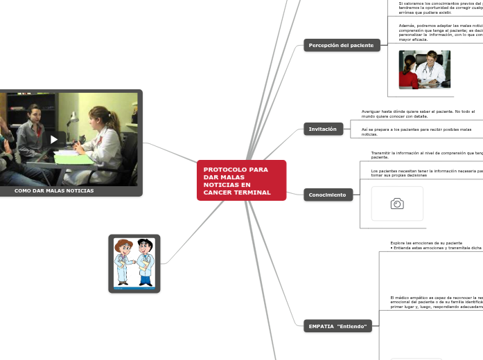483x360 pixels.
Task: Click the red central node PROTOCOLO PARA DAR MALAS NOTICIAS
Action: (241, 180)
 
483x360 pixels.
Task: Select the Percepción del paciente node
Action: (342, 46)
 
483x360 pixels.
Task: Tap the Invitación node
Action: (323, 129)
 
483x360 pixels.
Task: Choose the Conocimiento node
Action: (328, 195)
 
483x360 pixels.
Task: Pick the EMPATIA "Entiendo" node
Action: (338, 325)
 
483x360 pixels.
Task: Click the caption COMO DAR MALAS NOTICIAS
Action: (54, 190)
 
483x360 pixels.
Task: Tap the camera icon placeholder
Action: (397, 204)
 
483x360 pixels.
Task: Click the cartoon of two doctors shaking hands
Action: (134, 262)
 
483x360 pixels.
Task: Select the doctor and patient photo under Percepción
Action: (424, 69)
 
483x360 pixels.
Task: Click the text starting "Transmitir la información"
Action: (426, 154)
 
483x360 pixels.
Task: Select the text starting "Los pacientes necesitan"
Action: (427, 172)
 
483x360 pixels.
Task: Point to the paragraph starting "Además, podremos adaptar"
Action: (441, 33)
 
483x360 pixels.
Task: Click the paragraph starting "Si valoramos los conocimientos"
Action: (441, 8)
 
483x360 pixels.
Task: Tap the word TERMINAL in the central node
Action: (253, 192)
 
